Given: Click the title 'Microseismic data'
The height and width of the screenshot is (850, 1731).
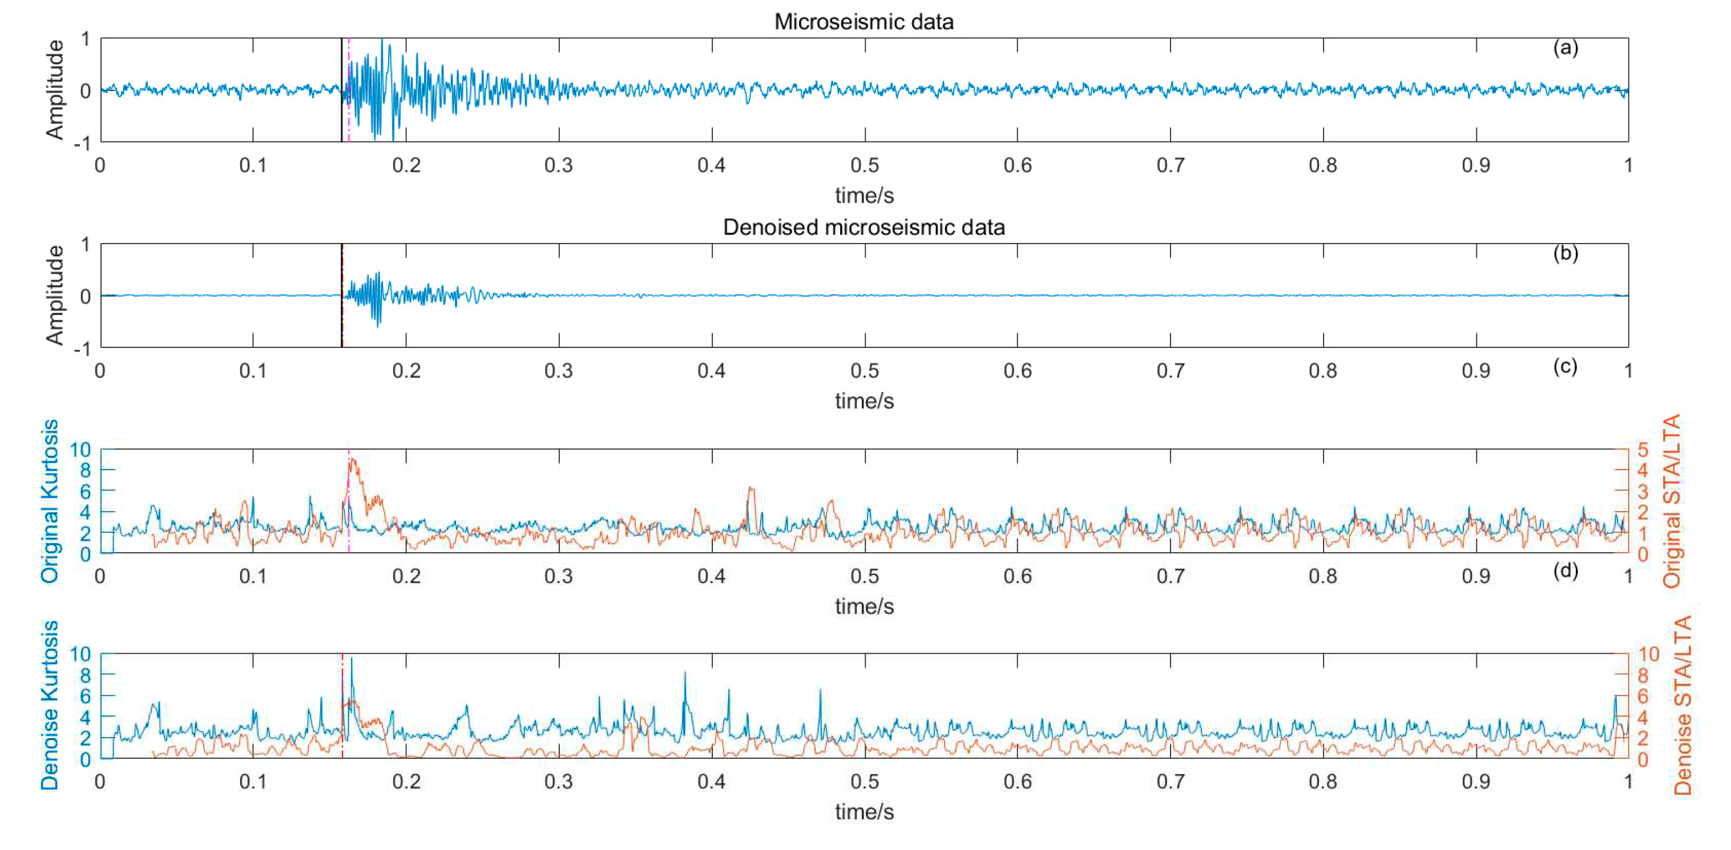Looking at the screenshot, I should [x=864, y=22].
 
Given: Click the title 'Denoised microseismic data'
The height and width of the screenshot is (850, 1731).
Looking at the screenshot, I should [x=864, y=227].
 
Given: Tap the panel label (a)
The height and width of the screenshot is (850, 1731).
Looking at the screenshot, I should [x=1565, y=48].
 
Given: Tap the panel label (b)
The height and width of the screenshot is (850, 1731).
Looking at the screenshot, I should [x=1565, y=253].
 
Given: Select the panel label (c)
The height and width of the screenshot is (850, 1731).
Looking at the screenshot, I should [x=1565, y=366].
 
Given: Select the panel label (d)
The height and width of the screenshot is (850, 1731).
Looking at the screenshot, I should [x=1565, y=570].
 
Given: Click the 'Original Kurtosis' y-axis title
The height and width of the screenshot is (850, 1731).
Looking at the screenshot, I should [x=50, y=501].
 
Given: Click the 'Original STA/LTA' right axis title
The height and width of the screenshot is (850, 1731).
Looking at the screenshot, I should [x=1672, y=501].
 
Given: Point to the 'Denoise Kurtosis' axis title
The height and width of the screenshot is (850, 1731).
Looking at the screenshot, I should [x=50, y=705].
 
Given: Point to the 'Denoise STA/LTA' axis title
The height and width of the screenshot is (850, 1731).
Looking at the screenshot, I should [x=1682, y=705].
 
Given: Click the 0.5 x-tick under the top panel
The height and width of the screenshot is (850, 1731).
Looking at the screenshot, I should [x=864, y=165].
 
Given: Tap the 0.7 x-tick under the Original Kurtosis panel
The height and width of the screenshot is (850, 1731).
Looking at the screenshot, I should [x=1170, y=577].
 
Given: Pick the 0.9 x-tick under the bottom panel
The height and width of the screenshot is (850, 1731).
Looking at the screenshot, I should [x=1476, y=782].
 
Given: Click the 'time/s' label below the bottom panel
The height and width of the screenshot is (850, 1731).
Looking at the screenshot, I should [x=864, y=812].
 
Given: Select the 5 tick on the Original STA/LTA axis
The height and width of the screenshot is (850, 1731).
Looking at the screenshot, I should [x=1643, y=449].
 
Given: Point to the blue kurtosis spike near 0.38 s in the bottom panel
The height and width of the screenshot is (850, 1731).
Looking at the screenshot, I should [x=685, y=673].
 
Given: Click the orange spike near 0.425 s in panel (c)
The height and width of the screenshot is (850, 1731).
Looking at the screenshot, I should [x=750, y=488].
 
